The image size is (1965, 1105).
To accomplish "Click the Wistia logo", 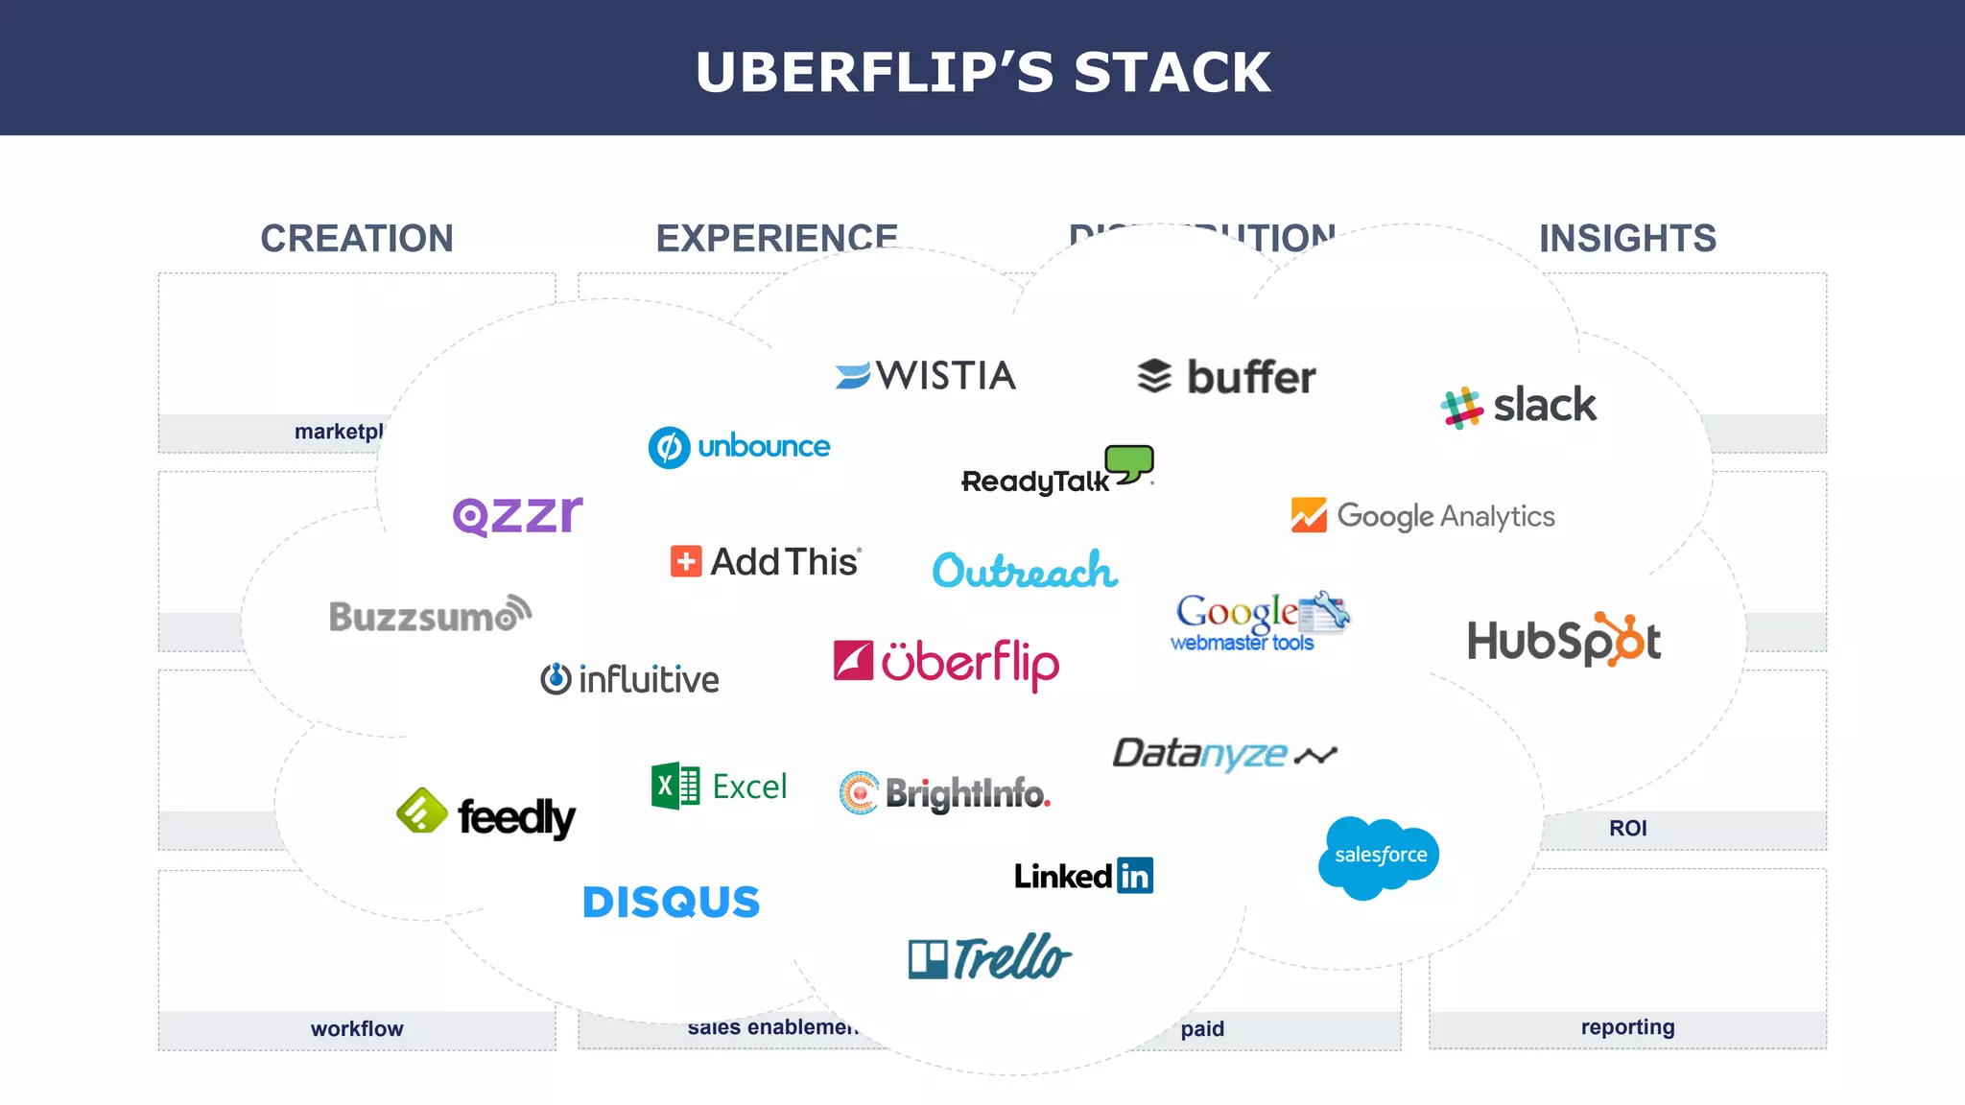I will tap(925, 375).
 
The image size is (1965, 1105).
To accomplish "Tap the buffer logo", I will tap(1226, 377).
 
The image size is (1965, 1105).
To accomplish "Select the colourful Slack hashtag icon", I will tap(1462, 407).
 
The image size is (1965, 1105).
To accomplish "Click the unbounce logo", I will tap(739, 447).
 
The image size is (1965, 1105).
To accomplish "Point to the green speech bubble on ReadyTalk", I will tap(1130, 461).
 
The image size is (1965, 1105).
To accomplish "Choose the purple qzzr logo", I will tap(517, 515).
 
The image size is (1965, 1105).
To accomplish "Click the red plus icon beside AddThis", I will tap(685, 561).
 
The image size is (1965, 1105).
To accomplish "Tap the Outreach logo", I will tap(1025, 571).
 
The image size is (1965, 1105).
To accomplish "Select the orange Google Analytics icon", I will tap(1309, 515).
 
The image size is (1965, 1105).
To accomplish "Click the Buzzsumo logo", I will tap(430, 615).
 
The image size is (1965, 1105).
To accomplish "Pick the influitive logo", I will tap(629, 679).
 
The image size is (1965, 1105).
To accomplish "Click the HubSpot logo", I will tap(1564, 641).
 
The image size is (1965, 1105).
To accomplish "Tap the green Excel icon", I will tap(675, 787).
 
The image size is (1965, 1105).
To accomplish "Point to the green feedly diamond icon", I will tap(421, 811).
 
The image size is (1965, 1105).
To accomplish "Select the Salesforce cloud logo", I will tap(1380, 856).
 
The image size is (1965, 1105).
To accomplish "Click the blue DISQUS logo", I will tap(671, 903).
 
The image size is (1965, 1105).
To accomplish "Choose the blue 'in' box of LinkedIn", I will tap(1135, 876).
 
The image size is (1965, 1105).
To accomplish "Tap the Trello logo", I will tap(989, 957).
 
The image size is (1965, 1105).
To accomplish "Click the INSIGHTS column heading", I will tap(1627, 238).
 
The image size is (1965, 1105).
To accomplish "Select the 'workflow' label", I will tap(357, 1029).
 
